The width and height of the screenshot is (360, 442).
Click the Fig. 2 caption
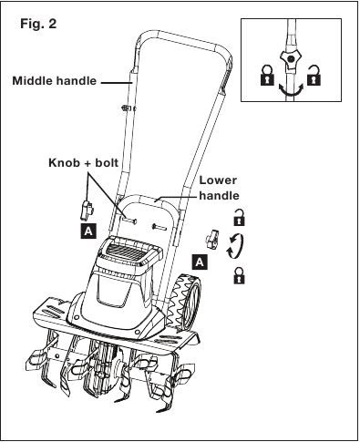(x=38, y=24)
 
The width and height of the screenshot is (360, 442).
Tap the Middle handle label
(x=55, y=81)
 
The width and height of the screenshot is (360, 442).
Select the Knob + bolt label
(x=84, y=163)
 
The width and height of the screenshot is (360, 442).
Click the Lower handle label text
(x=219, y=188)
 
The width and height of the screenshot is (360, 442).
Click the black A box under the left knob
(x=88, y=231)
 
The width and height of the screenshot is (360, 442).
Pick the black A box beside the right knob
(x=200, y=262)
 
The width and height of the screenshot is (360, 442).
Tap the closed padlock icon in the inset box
(x=267, y=75)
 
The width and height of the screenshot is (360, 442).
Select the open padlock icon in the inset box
(x=314, y=75)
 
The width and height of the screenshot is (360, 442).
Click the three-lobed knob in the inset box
(x=290, y=59)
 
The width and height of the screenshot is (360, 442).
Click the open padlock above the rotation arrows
(x=239, y=218)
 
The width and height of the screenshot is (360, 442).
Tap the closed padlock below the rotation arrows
(x=239, y=275)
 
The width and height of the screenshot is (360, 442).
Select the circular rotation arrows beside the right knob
(x=235, y=246)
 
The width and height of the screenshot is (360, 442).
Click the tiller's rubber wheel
(x=185, y=302)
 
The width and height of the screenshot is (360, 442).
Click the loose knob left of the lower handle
(x=87, y=210)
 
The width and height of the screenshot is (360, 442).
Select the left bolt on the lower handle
(x=129, y=220)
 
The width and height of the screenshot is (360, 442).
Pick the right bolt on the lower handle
(x=159, y=226)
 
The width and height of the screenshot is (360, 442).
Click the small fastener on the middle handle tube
(x=128, y=108)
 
